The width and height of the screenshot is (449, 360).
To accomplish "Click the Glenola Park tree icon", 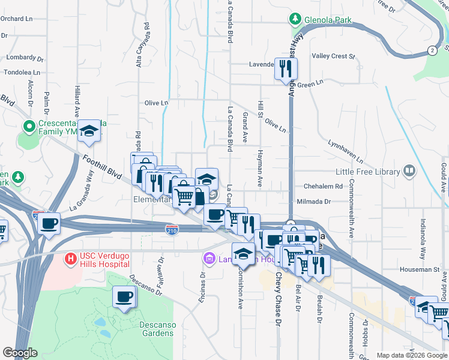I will pyautogui.click(x=295, y=19).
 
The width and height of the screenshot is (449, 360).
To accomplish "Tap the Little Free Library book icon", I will pyautogui.click(x=409, y=172).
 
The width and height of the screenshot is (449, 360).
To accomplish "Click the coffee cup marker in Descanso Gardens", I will pyautogui.click(x=124, y=297).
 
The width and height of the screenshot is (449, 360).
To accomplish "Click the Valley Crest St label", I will pyautogui.click(x=333, y=56).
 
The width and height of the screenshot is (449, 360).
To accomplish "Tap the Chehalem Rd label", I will pyautogui.click(x=322, y=187).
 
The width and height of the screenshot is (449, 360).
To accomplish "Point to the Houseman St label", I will pyautogui.click(x=419, y=270).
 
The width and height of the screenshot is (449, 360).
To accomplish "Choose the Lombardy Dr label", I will pyautogui.click(x=22, y=58).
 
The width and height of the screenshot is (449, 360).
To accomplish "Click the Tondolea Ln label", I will pyautogui.click(x=22, y=72).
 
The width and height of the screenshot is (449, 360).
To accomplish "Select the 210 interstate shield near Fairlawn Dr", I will pyautogui.click(x=172, y=229).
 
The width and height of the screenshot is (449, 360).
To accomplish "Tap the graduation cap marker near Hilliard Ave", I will pyautogui.click(x=89, y=130).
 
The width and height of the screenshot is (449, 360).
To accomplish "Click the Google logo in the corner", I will pyautogui.click(x=20, y=353).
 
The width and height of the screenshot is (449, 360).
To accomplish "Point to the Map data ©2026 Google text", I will pyautogui.click(x=412, y=355).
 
